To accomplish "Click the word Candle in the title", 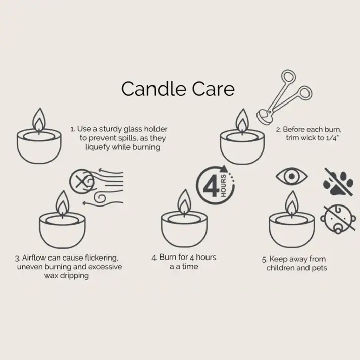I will coord(148,89).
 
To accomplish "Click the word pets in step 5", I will coord(317,268).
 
